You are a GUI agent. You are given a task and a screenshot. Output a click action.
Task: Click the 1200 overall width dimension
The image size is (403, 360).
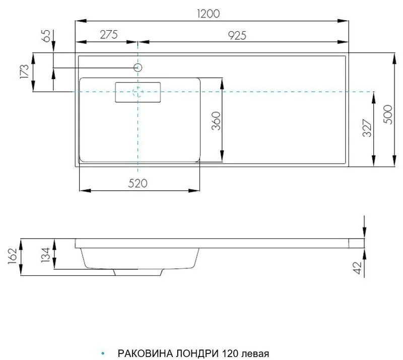click(209, 14)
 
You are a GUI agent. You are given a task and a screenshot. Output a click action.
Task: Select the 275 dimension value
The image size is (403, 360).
click(108, 35)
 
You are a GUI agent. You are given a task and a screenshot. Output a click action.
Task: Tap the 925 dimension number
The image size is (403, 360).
click(236, 35)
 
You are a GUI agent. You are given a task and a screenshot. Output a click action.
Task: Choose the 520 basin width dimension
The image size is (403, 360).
click(137, 184)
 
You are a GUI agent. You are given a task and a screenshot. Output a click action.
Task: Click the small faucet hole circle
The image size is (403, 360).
click(138, 67)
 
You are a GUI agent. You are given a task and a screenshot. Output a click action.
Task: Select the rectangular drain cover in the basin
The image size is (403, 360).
click(138, 92)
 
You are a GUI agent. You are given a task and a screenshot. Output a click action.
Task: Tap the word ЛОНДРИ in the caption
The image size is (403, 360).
click(194, 353)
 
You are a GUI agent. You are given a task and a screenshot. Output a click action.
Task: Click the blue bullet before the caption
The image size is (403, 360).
click(103, 353)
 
